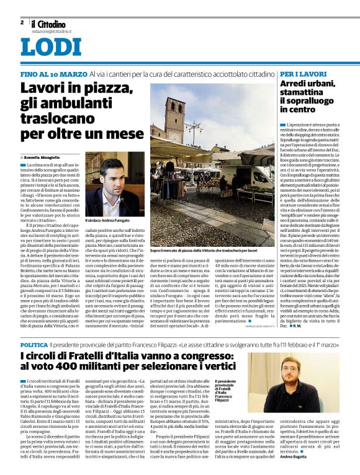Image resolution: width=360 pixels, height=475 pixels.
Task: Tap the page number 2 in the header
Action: coord(22,22)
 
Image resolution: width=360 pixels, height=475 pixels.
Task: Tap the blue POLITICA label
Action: coord(34,344)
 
